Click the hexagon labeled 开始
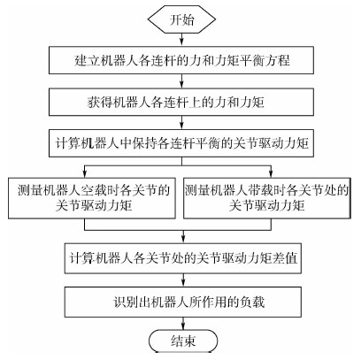(181, 19)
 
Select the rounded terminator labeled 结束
(183, 341)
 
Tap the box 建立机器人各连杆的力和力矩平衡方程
(181, 60)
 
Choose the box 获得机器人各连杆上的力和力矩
(181, 102)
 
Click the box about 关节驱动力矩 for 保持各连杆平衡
(181, 143)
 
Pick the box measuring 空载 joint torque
(92, 198)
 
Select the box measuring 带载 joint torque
(267, 198)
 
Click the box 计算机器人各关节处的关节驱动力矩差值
(183, 258)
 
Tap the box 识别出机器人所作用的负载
(183, 303)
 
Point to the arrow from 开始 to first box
(181, 40)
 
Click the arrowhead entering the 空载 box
(85, 174)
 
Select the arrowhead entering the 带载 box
(271, 174)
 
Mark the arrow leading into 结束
(183, 324)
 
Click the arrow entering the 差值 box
(183, 237)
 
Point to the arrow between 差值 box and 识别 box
(183, 280)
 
